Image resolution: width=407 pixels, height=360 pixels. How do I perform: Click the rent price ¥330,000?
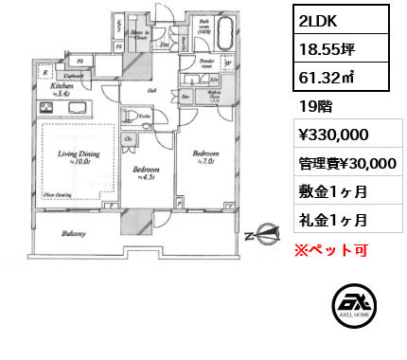point(327,135)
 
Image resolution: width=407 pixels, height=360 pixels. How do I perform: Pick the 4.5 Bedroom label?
point(144,171)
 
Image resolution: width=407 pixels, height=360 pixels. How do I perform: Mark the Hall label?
point(150,90)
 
